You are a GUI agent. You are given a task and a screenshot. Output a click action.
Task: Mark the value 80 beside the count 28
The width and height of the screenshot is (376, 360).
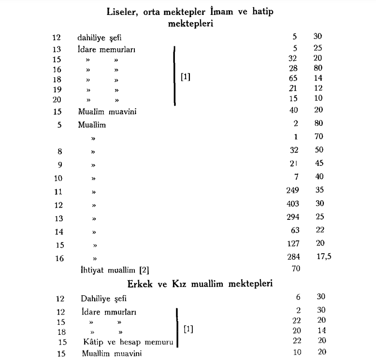click(318, 68)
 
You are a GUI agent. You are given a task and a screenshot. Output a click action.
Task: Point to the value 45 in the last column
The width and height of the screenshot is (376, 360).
click(318, 164)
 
